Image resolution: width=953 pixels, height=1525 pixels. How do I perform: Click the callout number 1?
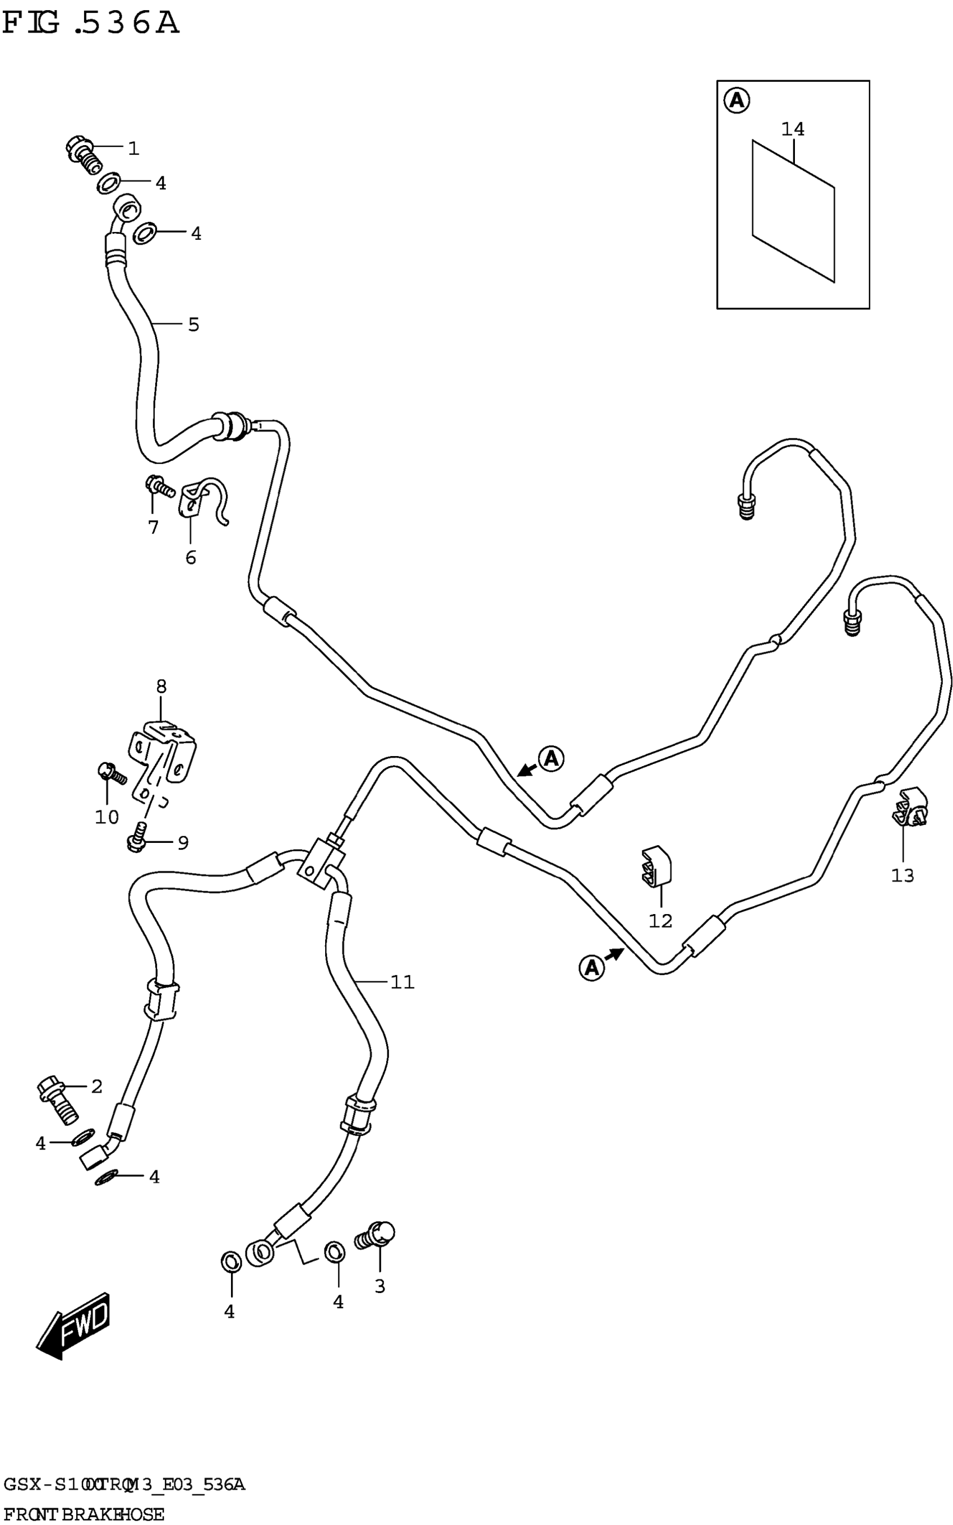pos(133,149)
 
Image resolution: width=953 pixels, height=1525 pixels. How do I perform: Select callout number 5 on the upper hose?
pos(193,325)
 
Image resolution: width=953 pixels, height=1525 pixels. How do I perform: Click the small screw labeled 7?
pos(159,486)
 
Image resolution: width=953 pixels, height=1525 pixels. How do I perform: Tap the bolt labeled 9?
pos(138,835)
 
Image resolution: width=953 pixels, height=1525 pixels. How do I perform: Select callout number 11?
pos(402,982)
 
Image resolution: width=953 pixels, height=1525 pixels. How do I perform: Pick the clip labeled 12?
pos(655,869)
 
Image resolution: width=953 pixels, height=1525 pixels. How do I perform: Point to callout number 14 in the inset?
pos(793,129)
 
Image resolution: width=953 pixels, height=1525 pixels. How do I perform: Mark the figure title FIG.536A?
pos(91,24)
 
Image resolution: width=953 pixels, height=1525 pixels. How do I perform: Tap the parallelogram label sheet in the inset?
pos(793,211)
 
